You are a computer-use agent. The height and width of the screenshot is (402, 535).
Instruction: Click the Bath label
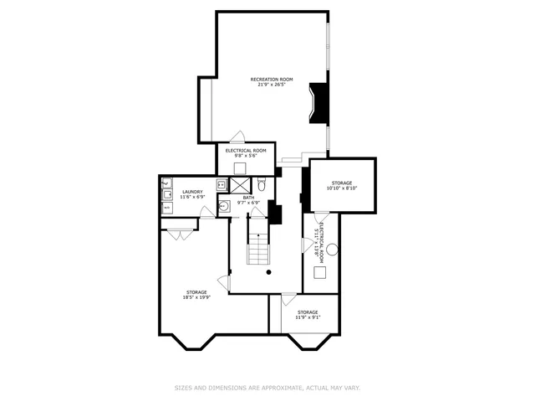tap(248, 198)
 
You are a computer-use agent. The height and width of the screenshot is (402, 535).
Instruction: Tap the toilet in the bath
tap(261, 184)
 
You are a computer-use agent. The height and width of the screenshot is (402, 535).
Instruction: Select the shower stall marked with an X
tap(240, 185)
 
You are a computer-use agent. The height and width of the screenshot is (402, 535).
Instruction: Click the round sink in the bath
tap(224, 206)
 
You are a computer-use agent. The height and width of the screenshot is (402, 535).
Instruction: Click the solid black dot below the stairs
tap(268, 272)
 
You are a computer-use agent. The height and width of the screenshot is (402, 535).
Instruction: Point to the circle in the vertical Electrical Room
tap(332, 249)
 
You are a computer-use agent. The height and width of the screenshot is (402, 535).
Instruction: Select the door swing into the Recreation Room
tap(237, 137)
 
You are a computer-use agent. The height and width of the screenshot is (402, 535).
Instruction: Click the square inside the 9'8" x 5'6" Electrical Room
tap(240, 167)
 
